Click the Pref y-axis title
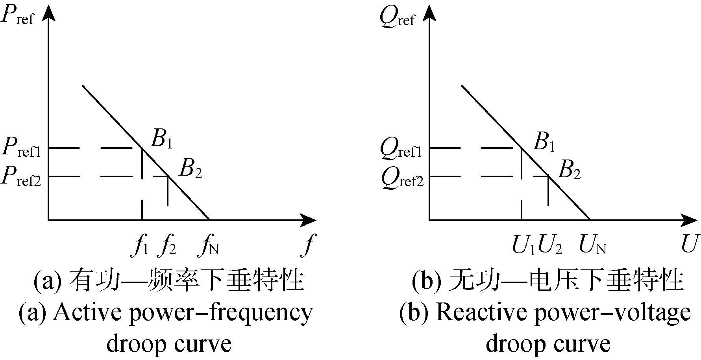coord(18,16)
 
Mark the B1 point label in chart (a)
coord(161,139)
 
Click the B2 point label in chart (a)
coord(191,169)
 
